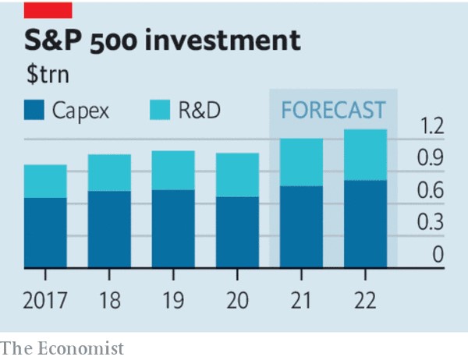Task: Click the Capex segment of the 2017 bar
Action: tap(45, 232)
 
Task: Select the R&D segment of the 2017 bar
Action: tap(45, 181)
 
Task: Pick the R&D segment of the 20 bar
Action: tap(237, 175)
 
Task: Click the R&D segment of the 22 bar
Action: tap(366, 154)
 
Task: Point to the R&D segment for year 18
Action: tap(109, 172)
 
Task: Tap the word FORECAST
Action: tap(333, 110)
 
